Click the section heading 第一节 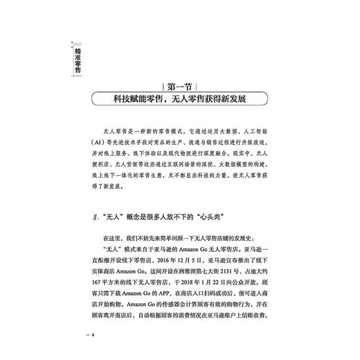pos(180,88)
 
